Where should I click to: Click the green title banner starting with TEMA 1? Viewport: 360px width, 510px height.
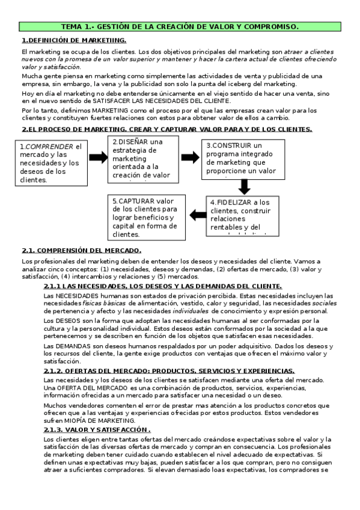coord(180,27)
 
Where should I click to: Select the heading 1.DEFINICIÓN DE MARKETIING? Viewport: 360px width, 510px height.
coord(74,40)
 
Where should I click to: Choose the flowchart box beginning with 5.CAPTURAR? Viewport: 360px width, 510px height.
coord(145,217)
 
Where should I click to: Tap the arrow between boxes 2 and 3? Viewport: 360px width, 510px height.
coord(190,157)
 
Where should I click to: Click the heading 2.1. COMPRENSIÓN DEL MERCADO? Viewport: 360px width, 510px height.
coord(82,250)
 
